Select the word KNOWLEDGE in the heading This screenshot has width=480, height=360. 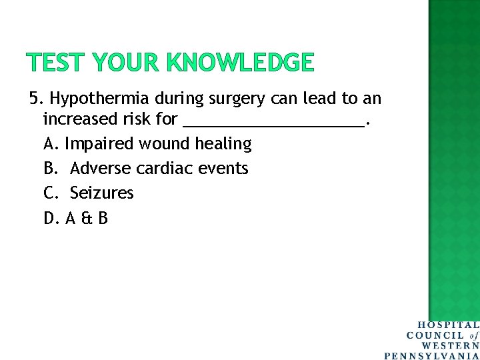click(x=241, y=63)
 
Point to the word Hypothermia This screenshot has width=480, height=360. click(x=100, y=99)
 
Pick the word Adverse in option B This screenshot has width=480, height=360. click(x=100, y=168)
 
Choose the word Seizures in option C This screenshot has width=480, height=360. click(x=102, y=193)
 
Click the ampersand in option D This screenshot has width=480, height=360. click(x=85, y=218)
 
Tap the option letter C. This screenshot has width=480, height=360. click(x=50, y=193)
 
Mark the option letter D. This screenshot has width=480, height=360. click(x=51, y=218)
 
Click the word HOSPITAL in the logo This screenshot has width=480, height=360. click(x=448, y=325)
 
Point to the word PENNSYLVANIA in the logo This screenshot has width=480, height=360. click(x=432, y=355)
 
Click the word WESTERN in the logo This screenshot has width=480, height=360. click(x=450, y=345)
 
